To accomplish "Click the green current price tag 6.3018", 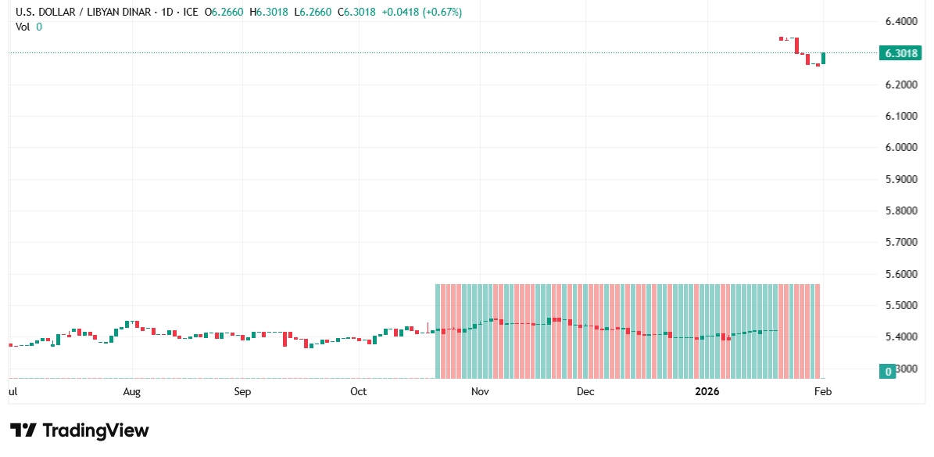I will click(x=900, y=53).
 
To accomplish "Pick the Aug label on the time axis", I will click(x=132, y=391).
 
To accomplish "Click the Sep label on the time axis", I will click(x=242, y=391).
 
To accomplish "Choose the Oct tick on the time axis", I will click(x=358, y=391).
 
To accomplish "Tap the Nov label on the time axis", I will click(x=480, y=391).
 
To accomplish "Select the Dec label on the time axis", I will click(x=585, y=391).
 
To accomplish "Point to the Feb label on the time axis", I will click(x=822, y=391).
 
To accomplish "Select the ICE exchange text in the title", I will click(x=188, y=13).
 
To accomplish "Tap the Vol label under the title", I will click(x=23, y=27).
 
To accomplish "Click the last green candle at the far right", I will click(x=824, y=58).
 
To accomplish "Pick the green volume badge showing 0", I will click(x=887, y=371).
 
